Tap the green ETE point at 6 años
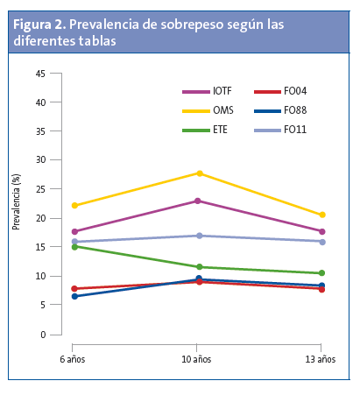tap(74, 247)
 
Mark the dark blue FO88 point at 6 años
tap(74, 296)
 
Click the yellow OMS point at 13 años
tap(321, 215)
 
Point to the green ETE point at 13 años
tap(321, 273)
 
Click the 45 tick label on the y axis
tap(40, 74)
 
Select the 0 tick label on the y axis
tap(43, 335)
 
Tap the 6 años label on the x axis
tap(74, 359)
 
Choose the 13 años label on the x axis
tap(320, 359)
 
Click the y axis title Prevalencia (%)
tap(16, 203)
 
